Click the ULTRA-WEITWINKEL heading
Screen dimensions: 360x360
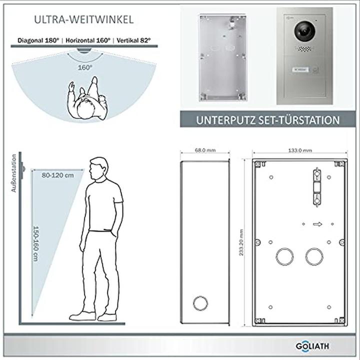(84, 19)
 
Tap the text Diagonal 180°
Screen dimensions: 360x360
(38, 40)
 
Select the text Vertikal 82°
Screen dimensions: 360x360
(133, 40)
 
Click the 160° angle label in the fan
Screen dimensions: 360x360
(85, 67)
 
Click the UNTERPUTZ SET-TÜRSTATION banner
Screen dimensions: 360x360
(267, 120)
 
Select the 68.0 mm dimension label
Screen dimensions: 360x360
(205, 150)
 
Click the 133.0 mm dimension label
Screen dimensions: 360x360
(300, 150)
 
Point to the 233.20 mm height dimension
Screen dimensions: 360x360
(241, 242)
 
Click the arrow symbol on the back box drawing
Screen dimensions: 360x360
(317, 224)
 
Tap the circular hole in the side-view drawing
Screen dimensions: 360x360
(200, 303)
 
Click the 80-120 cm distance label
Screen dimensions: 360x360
(58, 175)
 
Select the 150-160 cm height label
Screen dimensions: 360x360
(36, 243)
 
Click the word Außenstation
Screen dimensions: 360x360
(14, 173)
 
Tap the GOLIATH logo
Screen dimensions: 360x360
(312, 346)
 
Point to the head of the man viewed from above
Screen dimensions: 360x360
(85, 109)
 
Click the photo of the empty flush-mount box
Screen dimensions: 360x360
(222, 57)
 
